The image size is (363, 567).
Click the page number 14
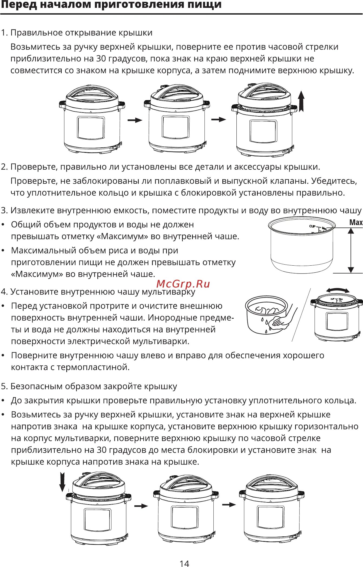pyautogui.click(x=184, y=563)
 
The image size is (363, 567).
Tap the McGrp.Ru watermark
pyautogui.click(x=183, y=284)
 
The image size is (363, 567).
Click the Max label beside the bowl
pyautogui.click(x=356, y=222)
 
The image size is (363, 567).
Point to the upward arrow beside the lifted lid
pyautogui.click(x=301, y=101)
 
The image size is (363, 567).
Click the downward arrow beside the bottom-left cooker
pyautogui.click(x=62, y=482)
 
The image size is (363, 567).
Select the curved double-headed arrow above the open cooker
pyautogui.click(x=338, y=290)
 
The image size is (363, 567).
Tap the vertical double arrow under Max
pyautogui.click(x=351, y=250)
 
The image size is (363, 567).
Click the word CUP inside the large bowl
pyautogui.click(x=312, y=226)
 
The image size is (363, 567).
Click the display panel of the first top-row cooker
pyautogui.click(x=91, y=127)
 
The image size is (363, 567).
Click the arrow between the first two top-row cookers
pyautogui.click(x=135, y=120)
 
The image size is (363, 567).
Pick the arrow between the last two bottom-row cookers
pyautogui.click(x=229, y=505)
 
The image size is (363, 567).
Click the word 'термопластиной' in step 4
pyautogui.click(x=93, y=367)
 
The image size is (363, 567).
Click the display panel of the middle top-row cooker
pyautogui.click(x=176, y=126)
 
